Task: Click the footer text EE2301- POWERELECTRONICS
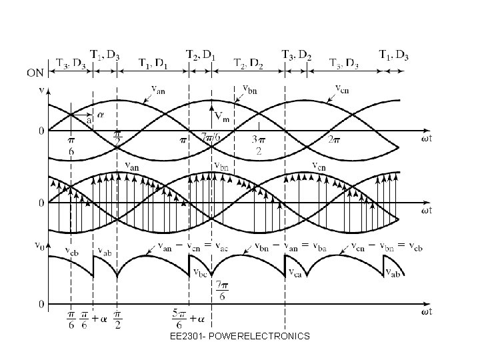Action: pyautogui.click(x=239, y=336)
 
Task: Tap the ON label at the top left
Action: pyautogui.click(x=36, y=72)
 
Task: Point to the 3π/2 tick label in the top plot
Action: pyautogui.click(x=258, y=146)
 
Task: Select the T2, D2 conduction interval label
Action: pyautogui.click(x=248, y=63)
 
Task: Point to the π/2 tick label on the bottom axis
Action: pyautogui.click(x=117, y=319)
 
